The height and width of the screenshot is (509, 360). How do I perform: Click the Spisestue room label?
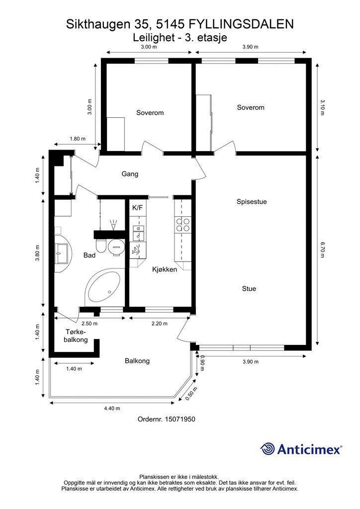pyautogui.click(x=252, y=202)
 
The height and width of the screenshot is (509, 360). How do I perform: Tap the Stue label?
pyautogui.click(x=249, y=289)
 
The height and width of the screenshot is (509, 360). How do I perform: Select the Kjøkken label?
pyautogui.click(x=165, y=269)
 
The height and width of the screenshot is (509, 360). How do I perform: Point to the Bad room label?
pyautogui.click(x=90, y=255)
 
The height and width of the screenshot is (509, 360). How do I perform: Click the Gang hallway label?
pyautogui.click(x=130, y=174)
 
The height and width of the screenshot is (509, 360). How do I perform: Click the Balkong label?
pyautogui.click(x=137, y=361)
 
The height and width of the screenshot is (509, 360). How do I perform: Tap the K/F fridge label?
pyautogui.click(x=137, y=208)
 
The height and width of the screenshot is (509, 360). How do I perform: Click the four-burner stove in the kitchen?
pyautogui.click(x=183, y=225)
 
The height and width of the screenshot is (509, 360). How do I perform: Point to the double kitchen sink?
pyautogui.click(x=138, y=232)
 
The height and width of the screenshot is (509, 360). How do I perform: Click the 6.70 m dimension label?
pyautogui.click(x=322, y=250)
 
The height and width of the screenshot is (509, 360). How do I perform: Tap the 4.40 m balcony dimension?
pyautogui.click(x=112, y=409)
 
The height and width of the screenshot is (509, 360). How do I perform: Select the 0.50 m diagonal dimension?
pyautogui.click(x=192, y=394)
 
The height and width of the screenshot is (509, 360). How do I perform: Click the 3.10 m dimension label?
pyautogui.click(x=322, y=107)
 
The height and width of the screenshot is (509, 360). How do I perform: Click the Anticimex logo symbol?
pyautogui.click(x=268, y=449)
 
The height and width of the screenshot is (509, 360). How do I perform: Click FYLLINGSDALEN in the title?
pyautogui.click(x=241, y=24)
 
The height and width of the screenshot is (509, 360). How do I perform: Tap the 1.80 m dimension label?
pyautogui.click(x=78, y=139)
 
